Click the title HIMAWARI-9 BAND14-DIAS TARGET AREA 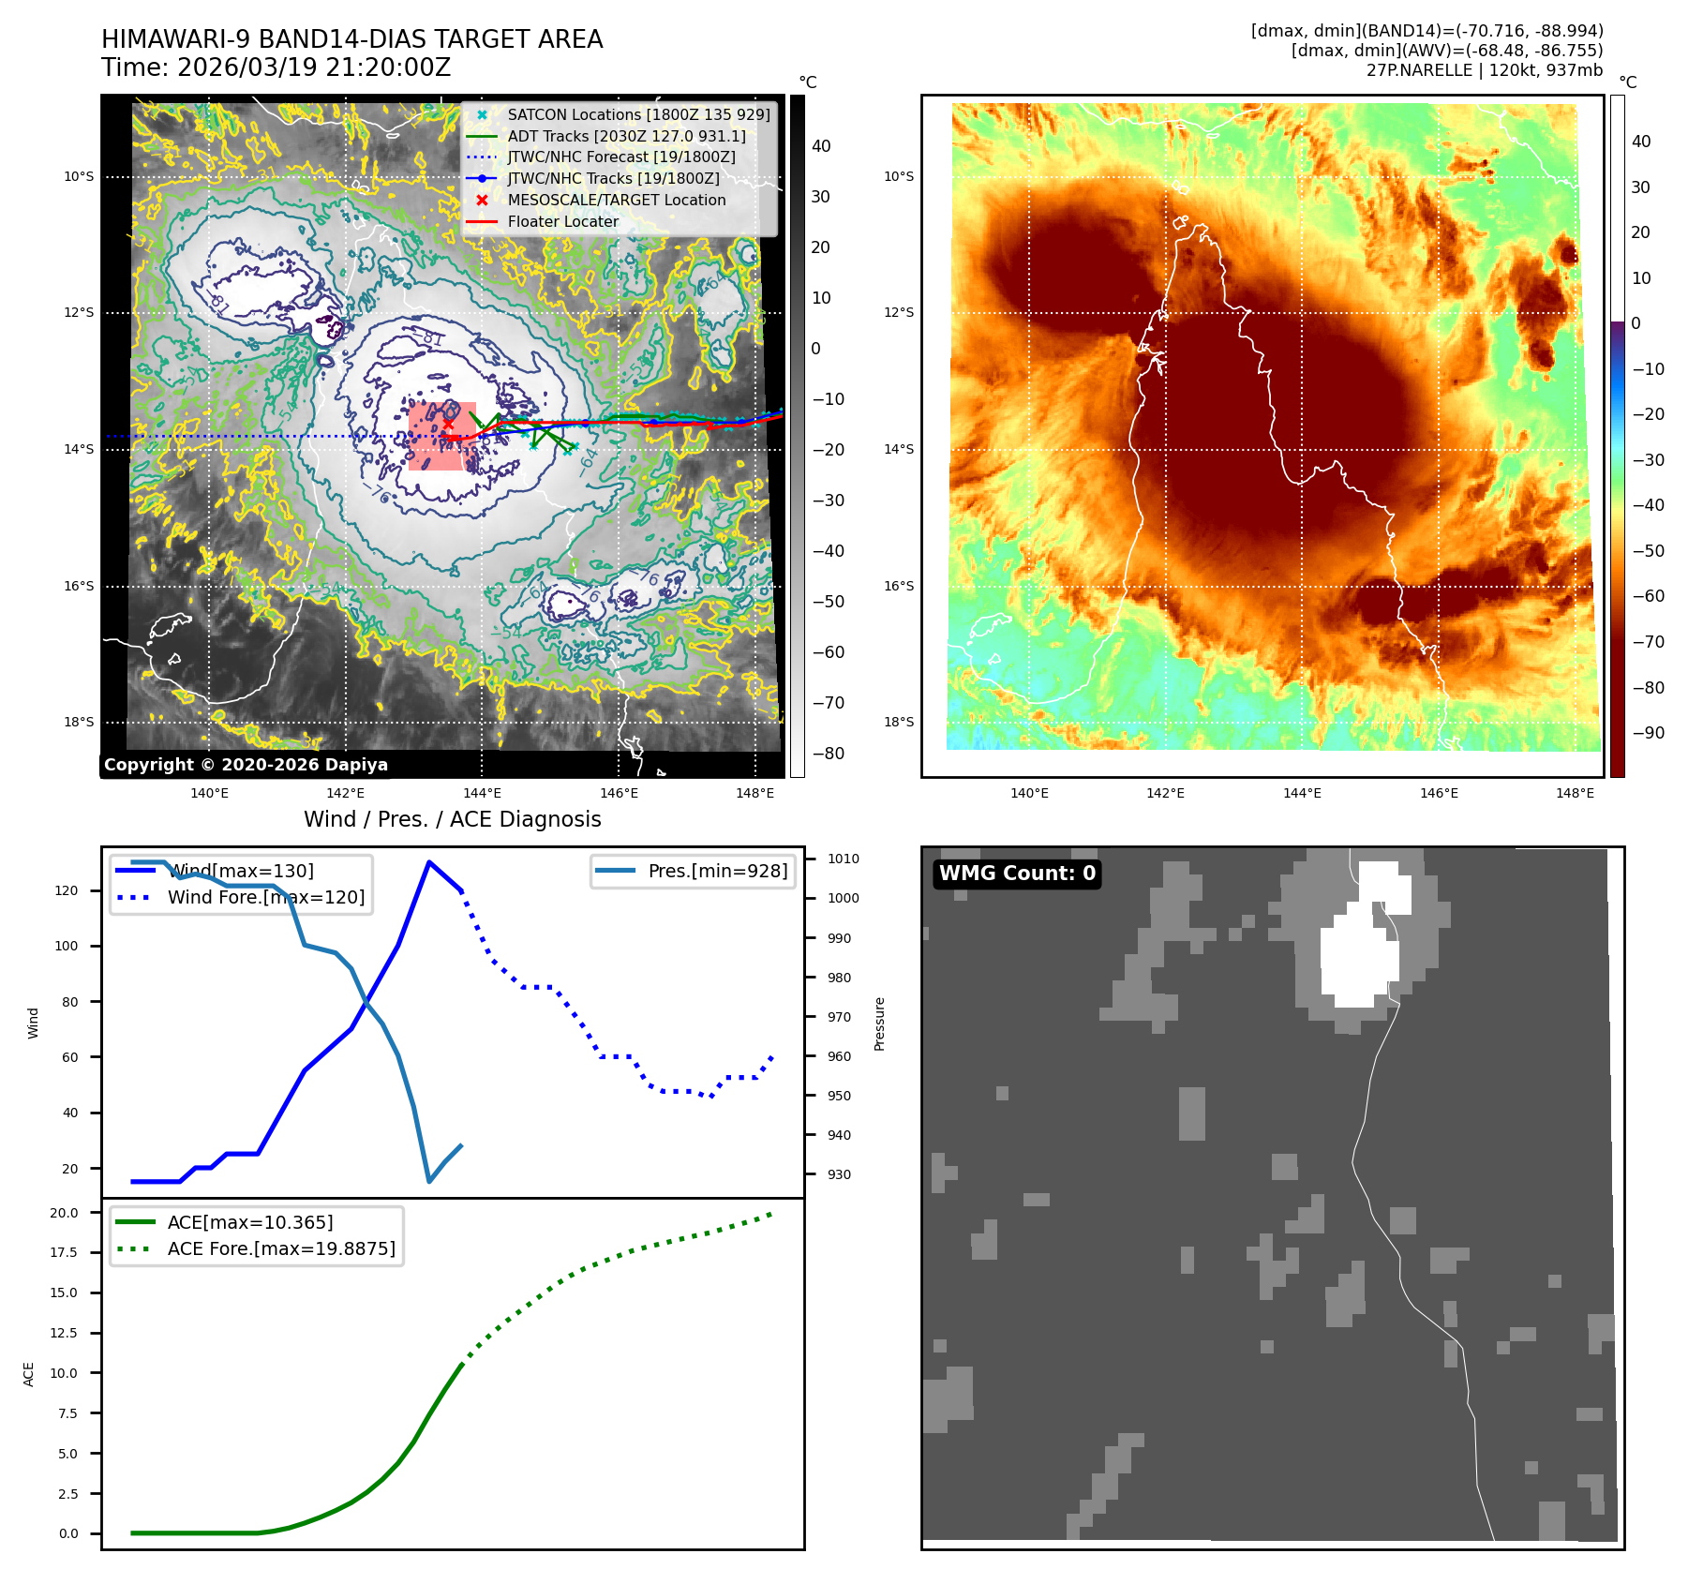pyautogui.click(x=351, y=39)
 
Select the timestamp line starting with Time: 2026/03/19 pyautogui.click(x=276, y=67)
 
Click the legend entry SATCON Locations pyautogui.click(x=637, y=114)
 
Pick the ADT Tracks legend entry pyautogui.click(x=626, y=136)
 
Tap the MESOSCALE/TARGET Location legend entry pyautogui.click(x=616, y=200)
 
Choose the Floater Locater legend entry pyautogui.click(x=562, y=221)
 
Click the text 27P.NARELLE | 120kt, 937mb pyautogui.click(x=1484, y=70)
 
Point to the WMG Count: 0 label pyautogui.click(x=1017, y=874)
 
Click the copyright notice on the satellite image pyautogui.click(x=246, y=765)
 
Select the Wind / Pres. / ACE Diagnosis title pyautogui.click(x=452, y=819)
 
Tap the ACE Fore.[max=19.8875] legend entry pyautogui.click(x=281, y=1248)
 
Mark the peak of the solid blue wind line pyautogui.click(x=428, y=861)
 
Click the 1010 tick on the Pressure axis pyautogui.click(x=843, y=859)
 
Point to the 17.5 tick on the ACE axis pyautogui.click(x=64, y=1252)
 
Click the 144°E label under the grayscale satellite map pyautogui.click(x=482, y=793)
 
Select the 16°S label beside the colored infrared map pyautogui.click(x=898, y=586)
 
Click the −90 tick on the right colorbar pyautogui.click(x=1648, y=733)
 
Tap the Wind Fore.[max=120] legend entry pyautogui.click(x=265, y=897)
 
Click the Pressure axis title pyautogui.click(x=879, y=1024)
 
